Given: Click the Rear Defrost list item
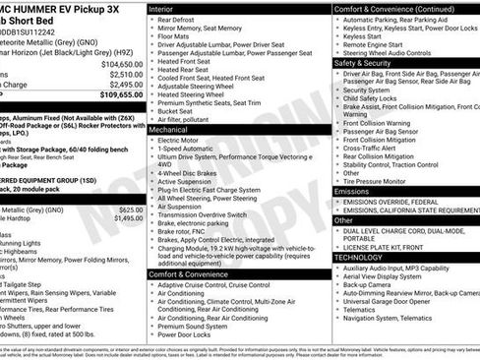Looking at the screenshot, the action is coord(176,20).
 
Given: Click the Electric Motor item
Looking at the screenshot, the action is coord(178,141).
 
